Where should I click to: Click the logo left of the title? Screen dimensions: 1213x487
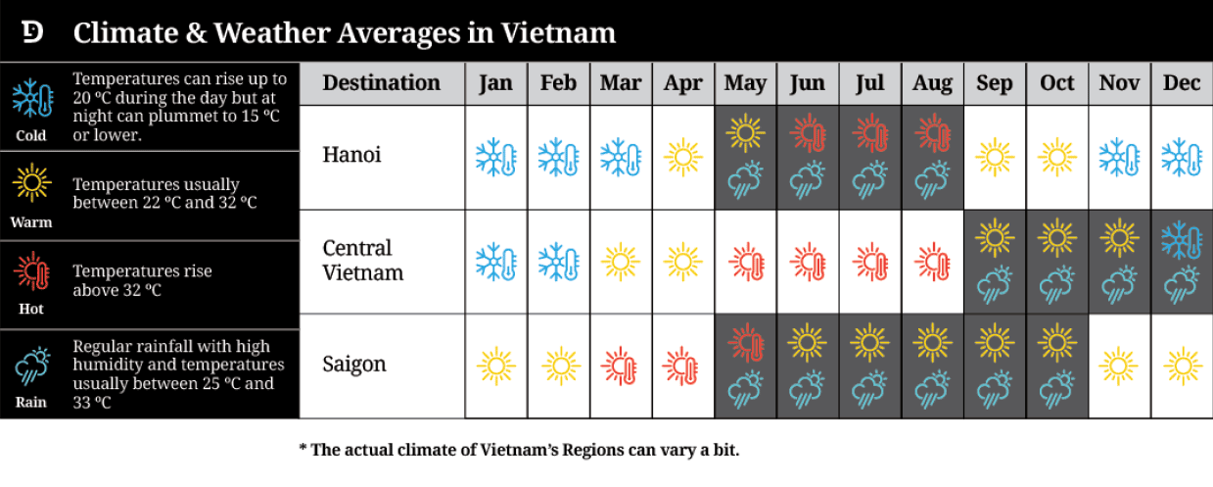[32, 32]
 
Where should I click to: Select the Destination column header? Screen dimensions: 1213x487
[381, 83]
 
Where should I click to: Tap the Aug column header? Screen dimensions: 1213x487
[932, 83]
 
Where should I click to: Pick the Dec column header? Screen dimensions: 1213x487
[1182, 83]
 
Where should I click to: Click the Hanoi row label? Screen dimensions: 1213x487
[352, 155]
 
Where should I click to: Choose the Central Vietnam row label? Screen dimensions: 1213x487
[363, 260]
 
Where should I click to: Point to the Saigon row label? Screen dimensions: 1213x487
[354, 365]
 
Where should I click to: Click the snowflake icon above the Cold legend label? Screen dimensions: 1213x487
[33, 99]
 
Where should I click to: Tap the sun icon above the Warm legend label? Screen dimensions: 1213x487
[32, 182]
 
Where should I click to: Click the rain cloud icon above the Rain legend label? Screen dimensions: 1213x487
[32, 366]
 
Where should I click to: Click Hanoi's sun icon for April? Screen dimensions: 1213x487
[682, 157]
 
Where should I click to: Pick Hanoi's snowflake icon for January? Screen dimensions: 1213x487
[496, 157]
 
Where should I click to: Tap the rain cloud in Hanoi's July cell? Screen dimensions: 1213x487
[869, 179]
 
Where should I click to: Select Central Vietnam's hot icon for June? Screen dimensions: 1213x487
[808, 262]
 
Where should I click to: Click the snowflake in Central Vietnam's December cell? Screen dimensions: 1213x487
[1182, 240]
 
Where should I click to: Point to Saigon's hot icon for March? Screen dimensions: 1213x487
[621, 366]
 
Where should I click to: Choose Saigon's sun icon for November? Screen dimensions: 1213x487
[1119, 366]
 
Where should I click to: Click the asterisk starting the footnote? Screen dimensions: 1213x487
[303, 449]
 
